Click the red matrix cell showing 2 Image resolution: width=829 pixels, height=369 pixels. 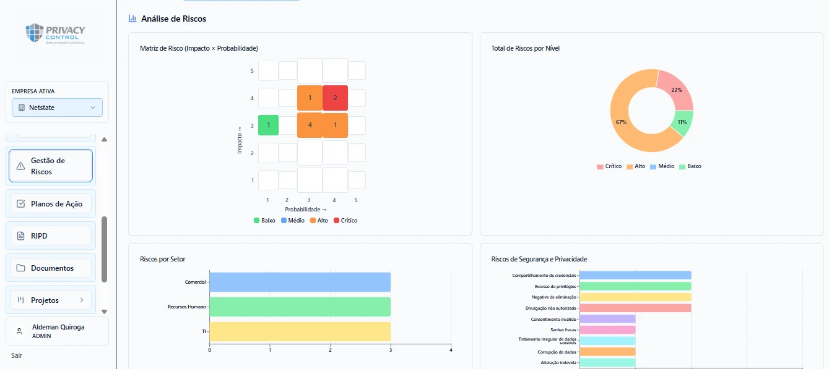[x=335, y=98]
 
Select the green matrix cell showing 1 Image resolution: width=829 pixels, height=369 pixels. [x=268, y=125]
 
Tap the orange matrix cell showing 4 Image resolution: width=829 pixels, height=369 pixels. [x=310, y=125]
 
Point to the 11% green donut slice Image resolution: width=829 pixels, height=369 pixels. [x=683, y=122]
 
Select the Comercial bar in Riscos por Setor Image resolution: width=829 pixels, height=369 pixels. [x=300, y=282]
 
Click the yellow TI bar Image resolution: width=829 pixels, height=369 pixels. [x=300, y=331]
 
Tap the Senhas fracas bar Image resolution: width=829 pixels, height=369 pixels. [x=608, y=330]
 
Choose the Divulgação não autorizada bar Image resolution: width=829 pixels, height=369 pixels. [x=635, y=308]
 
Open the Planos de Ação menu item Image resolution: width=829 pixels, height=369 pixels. [x=51, y=204]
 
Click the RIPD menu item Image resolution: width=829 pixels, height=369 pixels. [x=51, y=236]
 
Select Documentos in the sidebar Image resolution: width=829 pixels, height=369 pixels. [x=51, y=268]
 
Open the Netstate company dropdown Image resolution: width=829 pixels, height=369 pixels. [x=57, y=108]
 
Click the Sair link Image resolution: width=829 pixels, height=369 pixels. [x=17, y=355]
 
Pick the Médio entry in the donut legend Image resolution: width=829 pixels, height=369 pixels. [x=662, y=166]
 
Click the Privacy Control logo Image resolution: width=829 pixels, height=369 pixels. [x=55, y=33]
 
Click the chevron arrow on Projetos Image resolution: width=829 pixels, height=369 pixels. [x=82, y=300]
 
